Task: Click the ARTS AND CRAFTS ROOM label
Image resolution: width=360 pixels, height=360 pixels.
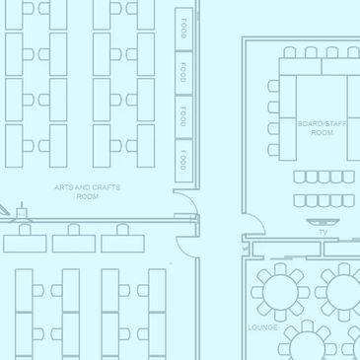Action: [x=87, y=192]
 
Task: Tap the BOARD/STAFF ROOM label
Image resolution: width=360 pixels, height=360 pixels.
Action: [x=322, y=128]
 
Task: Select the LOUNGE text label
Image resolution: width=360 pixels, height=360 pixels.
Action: [x=262, y=327]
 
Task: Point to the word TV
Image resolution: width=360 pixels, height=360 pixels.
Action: [x=324, y=233]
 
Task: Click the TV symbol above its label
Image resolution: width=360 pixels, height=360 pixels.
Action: [x=323, y=222]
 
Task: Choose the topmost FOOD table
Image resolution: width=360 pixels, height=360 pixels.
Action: [x=183, y=29]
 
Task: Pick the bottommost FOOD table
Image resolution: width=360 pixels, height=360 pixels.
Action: [x=183, y=161]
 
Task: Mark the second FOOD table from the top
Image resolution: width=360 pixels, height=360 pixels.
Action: [x=183, y=73]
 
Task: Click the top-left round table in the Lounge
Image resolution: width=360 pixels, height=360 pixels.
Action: [x=280, y=292]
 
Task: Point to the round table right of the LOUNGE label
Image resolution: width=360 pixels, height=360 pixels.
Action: [x=307, y=345]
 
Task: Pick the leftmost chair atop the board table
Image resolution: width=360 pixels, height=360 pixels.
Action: [x=290, y=52]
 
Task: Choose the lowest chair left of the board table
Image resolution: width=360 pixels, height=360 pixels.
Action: [x=273, y=150]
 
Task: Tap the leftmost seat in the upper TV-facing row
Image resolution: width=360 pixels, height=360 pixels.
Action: [x=300, y=177]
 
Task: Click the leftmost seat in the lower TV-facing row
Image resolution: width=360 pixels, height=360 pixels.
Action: [x=300, y=201]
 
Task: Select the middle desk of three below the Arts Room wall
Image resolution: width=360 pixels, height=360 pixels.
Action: [x=74, y=244]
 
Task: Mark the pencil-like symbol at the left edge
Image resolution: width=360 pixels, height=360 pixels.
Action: [x=4, y=209]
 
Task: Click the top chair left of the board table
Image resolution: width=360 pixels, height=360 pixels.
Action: [x=273, y=86]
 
